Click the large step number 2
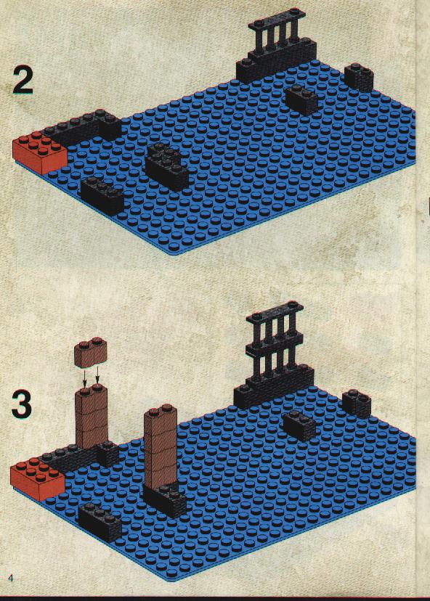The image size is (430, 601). coord(23,80)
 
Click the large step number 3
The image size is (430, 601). coord(22,405)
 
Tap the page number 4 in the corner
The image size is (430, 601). coord(10,578)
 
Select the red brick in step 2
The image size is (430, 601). coord(40,152)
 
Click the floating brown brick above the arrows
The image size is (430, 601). coord(90,351)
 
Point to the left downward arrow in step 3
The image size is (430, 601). coord(85,377)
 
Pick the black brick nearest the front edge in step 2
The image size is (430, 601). coord(102,196)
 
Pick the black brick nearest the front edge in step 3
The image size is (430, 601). coord(100,522)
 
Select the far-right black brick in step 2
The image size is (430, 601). coord(359,78)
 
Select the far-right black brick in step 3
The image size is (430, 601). coord(357,404)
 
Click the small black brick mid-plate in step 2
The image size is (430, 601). coord(301,99)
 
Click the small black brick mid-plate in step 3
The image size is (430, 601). coord(299,425)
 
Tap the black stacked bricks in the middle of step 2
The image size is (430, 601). coord(167,166)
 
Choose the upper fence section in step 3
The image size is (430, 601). coord(275,329)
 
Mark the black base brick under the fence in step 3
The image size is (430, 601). coord(273,387)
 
